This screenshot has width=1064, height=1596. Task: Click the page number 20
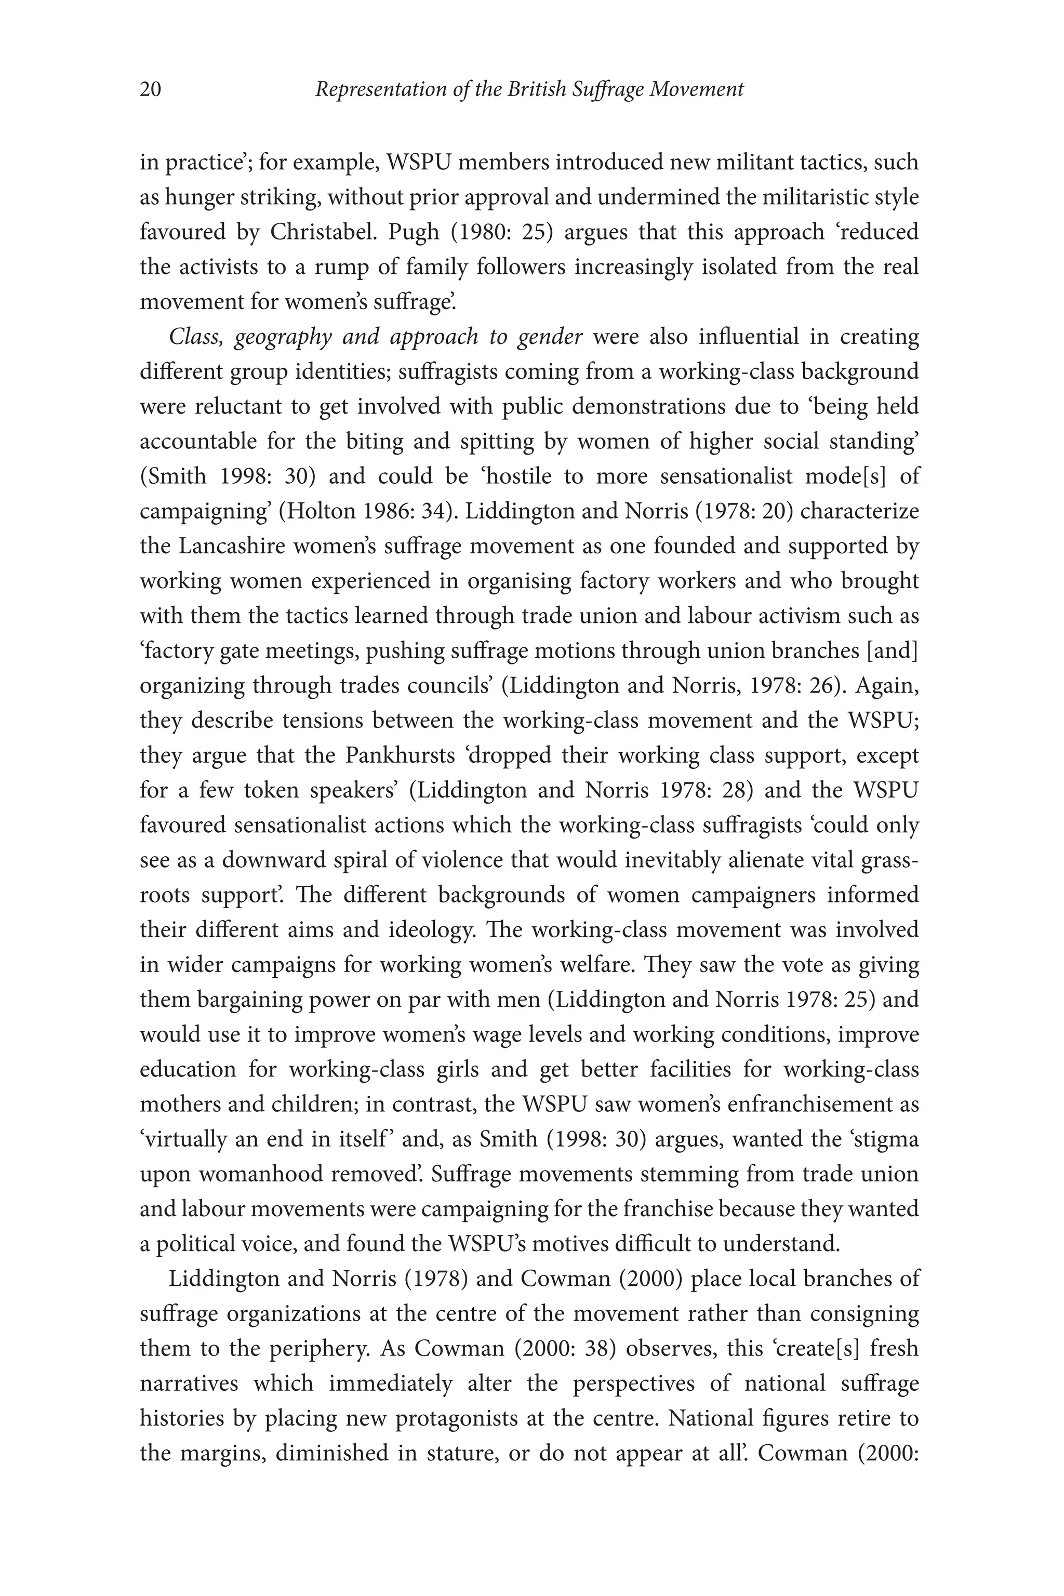[x=151, y=89]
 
